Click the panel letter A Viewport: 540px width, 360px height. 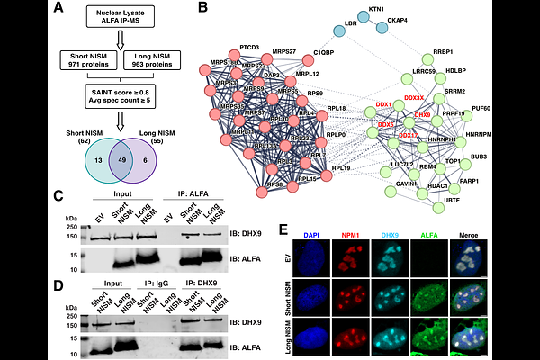tap(58, 9)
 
